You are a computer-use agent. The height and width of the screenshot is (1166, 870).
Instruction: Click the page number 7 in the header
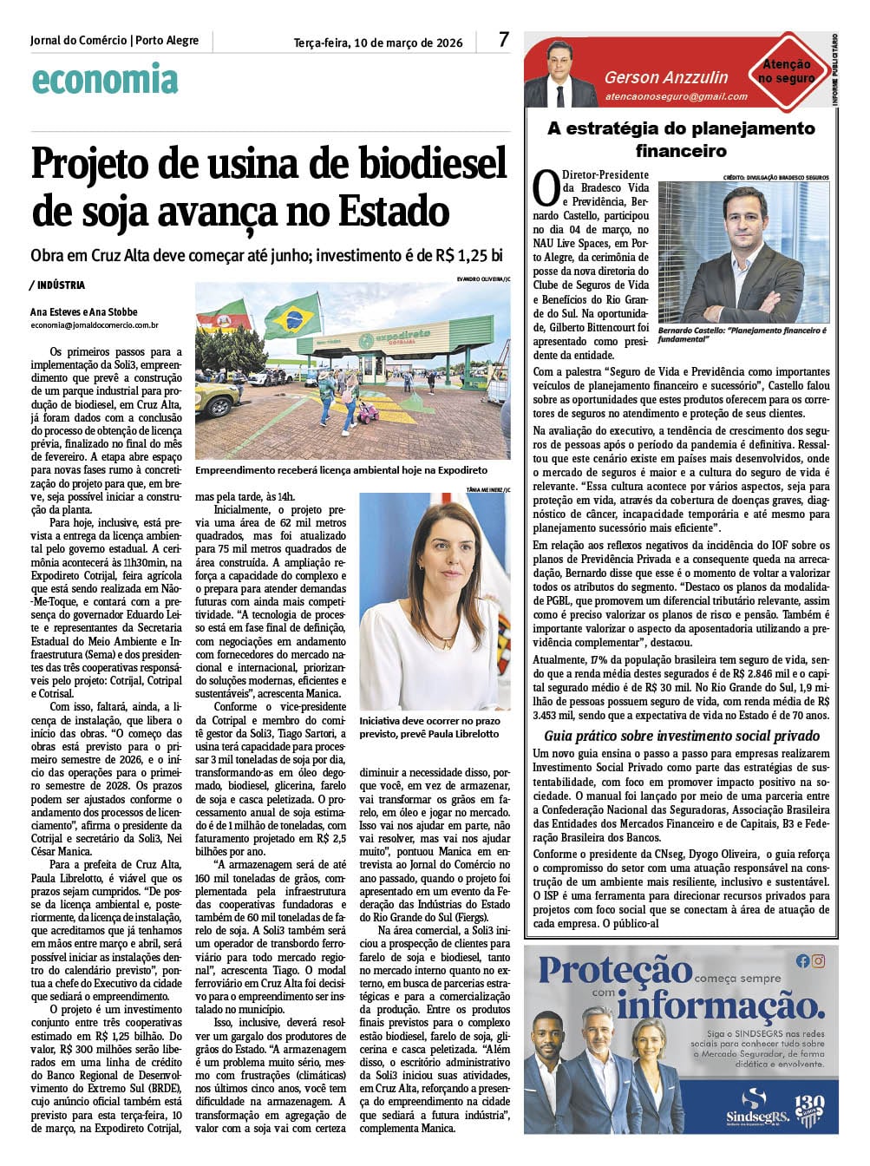[504, 40]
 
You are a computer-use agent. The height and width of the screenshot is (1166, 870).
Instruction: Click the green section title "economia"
[105, 80]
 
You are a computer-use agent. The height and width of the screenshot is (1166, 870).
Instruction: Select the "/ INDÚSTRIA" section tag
[57, 285]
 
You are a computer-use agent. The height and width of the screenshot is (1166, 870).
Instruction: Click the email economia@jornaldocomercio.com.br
[94, 325]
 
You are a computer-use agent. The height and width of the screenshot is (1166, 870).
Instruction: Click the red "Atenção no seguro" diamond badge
[787, 72]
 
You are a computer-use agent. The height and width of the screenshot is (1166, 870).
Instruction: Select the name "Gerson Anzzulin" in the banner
[666, 77]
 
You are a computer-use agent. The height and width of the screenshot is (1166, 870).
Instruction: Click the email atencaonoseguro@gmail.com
[676, 97]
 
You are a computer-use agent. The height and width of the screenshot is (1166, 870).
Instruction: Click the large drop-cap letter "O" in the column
[546, 188]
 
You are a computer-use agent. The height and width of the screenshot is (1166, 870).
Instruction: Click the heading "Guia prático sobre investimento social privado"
[681, 737]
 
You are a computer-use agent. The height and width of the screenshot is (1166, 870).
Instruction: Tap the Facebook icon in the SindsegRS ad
[802, 960]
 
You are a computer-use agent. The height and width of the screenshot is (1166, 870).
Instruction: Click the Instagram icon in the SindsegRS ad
[818, 960]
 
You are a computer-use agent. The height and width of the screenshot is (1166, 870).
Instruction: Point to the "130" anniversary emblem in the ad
[808, 1107]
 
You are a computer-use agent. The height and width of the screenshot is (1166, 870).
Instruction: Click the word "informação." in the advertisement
[720, 1006]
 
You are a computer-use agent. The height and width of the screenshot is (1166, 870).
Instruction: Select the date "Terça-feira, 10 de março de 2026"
[378, 43]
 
